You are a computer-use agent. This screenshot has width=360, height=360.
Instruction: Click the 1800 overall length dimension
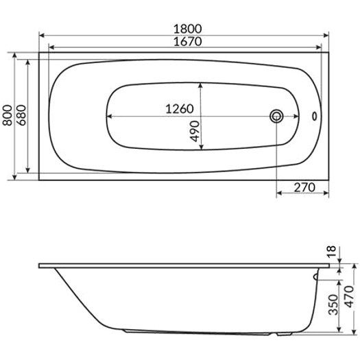(187, 29)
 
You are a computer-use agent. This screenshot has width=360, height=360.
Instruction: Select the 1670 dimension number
(187, 42)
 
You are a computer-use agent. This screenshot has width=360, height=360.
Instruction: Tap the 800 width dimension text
(8, 115)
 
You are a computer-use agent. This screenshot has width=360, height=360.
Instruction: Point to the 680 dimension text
(21, 115)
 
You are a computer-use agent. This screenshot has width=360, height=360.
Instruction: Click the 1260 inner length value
(180, 108)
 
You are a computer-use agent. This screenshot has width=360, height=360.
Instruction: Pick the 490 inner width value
(195, 132)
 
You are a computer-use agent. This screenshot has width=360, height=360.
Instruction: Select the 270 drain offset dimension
(304, 188)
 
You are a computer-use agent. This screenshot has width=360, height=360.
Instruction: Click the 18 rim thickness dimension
(331, 252)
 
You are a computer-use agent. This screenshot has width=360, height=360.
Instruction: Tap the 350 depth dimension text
(333, 304)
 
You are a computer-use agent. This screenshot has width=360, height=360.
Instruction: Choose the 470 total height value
(350, 297)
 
